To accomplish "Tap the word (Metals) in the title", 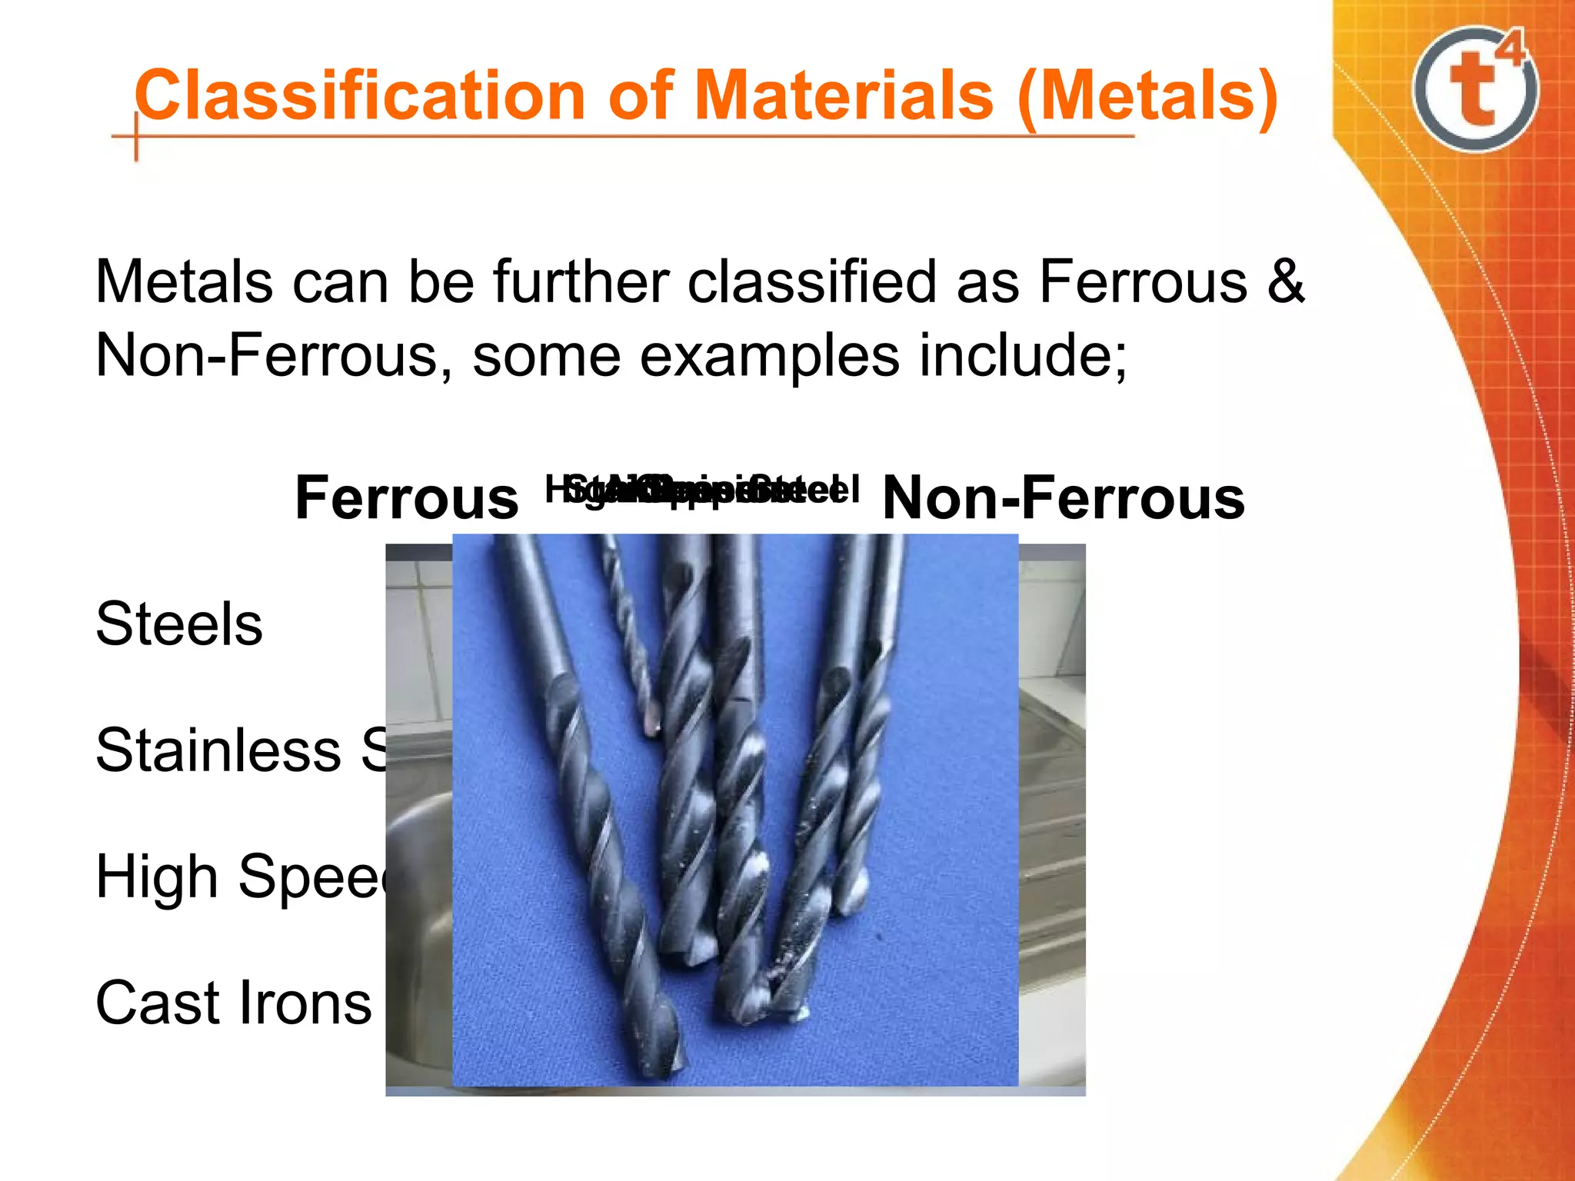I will [x=1147, y=98].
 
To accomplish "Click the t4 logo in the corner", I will [x=1475, y=89].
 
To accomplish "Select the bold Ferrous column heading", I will [x=407, y=498].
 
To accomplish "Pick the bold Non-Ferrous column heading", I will [x=1063, y=498].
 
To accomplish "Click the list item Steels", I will [x=179, y=624].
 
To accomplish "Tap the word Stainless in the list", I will [x=218, y=750].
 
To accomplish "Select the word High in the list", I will [x=157, y=877].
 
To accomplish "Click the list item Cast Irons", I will [x=234, y=1003].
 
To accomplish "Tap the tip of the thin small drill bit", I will [x=653, y=727].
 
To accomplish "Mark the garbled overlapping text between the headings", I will [x=701, y=489].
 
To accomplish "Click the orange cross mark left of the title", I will [x=136, y=137].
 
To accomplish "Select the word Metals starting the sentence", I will [x=183, y=282].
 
